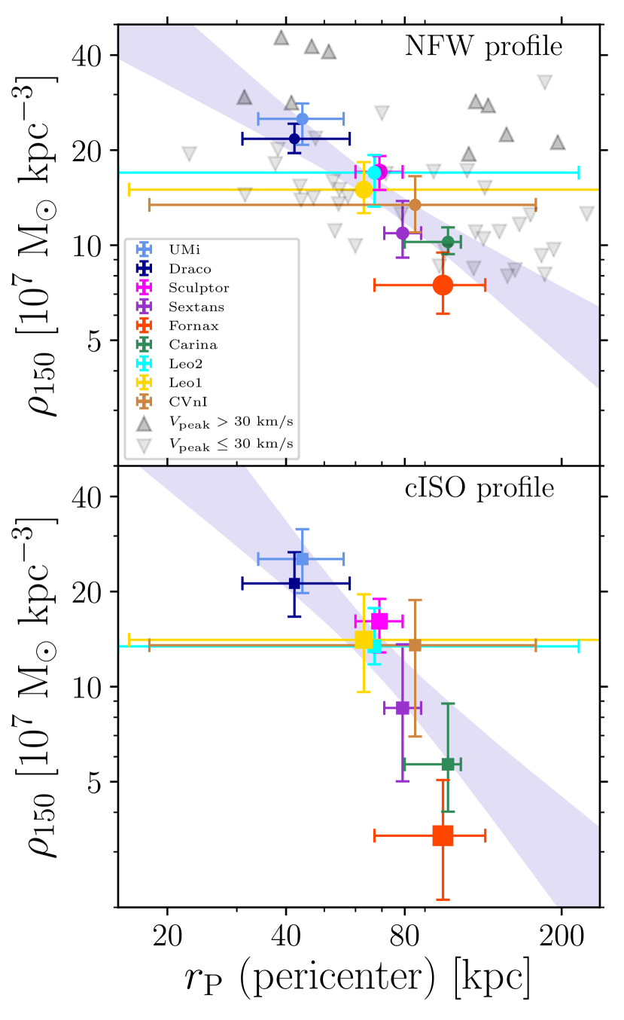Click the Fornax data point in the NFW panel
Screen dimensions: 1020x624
coord(443,285)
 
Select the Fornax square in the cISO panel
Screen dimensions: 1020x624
coord(443,835)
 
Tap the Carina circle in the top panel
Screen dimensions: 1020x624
coord(448,242)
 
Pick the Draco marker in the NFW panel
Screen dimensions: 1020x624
coord(294,138)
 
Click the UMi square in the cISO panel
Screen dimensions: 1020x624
coord(302,558)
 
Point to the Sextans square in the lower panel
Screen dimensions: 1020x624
coord(402,707)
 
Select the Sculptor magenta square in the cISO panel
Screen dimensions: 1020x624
coord(379,621)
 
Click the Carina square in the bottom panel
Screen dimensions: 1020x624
coord(448,764)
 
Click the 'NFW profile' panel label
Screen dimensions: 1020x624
coord(484,47)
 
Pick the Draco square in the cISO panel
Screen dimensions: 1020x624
coord(294,583)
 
